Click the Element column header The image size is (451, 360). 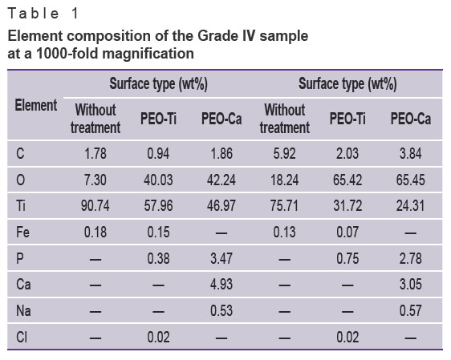pos(36,105)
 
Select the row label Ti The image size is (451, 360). pos(21,206)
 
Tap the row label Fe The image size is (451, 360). pos(22,233)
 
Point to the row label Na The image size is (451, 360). pos(23,311)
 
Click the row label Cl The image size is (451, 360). pos(22,337)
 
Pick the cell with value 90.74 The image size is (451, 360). pos(95,206)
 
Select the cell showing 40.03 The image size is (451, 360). pos(158,180)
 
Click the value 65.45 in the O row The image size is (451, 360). pos(410,180)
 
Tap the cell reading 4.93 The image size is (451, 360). pos(221,284)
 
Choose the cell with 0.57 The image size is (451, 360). pos(410,311)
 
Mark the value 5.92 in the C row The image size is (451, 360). pos(284,153)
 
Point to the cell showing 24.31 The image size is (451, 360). pos(410,206)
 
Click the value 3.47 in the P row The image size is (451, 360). pos(221,258)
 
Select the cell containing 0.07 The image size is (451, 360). pos(347,233)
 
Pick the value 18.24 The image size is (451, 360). pos(284,180)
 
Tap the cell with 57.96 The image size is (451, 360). pos(158,206)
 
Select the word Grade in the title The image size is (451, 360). pos(214,36)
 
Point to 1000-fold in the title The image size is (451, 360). pos(67,54)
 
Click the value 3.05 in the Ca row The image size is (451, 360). pos(410,284)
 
